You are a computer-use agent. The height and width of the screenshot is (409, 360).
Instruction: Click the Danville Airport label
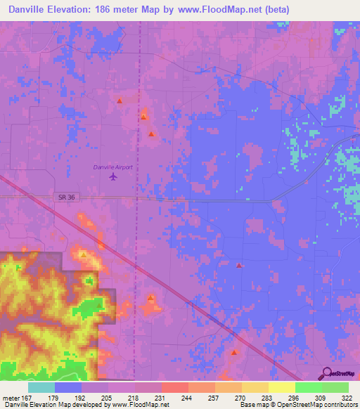pos(112,167)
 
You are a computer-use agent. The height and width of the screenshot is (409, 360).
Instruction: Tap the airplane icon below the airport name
pos(113,176)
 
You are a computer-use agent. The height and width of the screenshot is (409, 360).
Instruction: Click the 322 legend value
pos(347,397)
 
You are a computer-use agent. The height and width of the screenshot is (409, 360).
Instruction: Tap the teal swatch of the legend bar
pos(41,387)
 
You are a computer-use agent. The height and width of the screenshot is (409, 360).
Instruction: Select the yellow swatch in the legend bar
pos(281,387)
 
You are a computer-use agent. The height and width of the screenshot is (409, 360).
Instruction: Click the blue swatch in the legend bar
pos(68,387)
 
